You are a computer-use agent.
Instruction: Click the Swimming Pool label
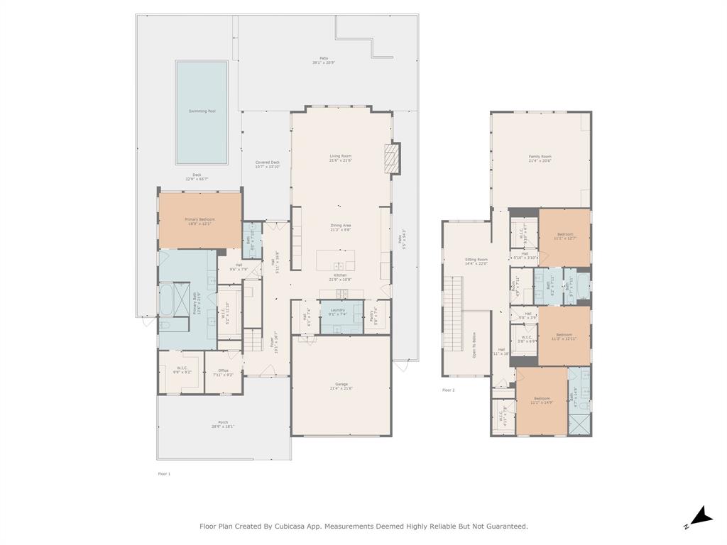pyautogui.click(x=202, y=111)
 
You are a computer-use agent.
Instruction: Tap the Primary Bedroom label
pyautogui.click(x=199, y=220)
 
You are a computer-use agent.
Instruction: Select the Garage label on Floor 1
pyautogui.click(x=341, y=384)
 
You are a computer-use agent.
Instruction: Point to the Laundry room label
pyautogui.click(x=337, y=310)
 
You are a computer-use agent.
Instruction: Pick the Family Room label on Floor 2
pyautogui.click(x=540, y=157)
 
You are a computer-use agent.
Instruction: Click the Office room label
pyautogui.click(x=224, y=370)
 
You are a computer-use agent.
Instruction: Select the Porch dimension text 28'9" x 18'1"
pyautogui.click(x=222, y=426)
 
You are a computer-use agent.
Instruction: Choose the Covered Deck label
pyautogui.click(x=268, y=163)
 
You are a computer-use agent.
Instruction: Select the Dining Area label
pyautogui.click(x=341, y=226)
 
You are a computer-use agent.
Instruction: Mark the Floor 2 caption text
pyautogui.click(x=448, y=390)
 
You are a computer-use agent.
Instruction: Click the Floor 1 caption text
pyautogui.click(x=164, y=473)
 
